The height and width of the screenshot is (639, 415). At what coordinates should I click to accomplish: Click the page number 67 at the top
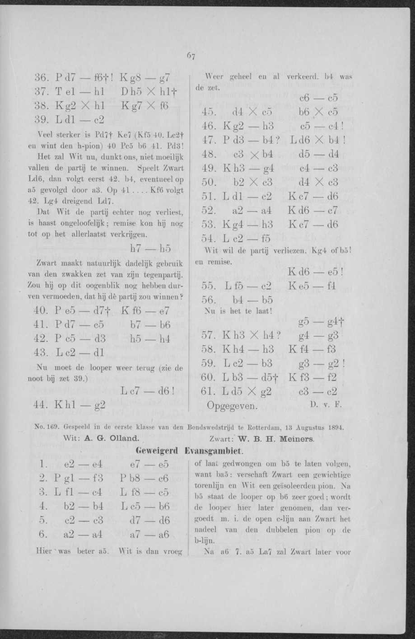point(191,56)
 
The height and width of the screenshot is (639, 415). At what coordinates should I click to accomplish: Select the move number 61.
point(207,391)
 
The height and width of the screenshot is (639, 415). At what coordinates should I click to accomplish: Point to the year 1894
point(335,426)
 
